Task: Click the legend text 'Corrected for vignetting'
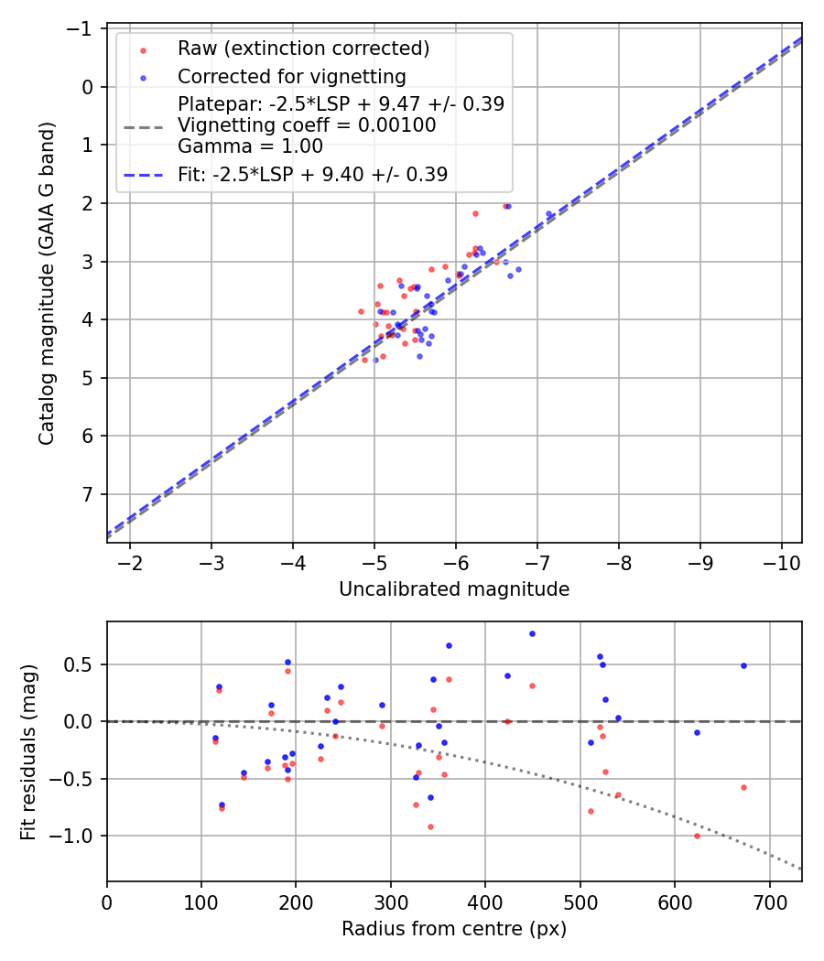tap(291, 76)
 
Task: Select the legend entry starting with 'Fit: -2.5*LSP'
tap(312, 175)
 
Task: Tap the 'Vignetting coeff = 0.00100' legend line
tap(307, 125)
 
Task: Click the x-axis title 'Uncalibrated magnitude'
tap(454, 589)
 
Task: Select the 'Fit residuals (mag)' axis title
tap(28, 750)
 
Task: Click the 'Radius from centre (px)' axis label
tap(454, 929)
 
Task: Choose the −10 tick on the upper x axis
tap(781, 559)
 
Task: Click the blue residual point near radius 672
tap(743, 665)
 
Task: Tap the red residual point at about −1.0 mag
tap(697, 836)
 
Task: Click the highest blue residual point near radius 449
tap(532, 633)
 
